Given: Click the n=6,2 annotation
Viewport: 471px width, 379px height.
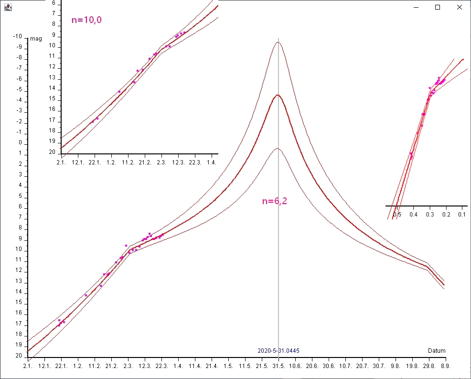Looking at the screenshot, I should (274, 201).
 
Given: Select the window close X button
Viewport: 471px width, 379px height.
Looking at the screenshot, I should (459, 7).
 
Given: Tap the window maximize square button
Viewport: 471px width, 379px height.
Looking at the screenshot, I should (437, 7).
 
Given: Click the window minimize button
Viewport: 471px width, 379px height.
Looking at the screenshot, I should (416, 7).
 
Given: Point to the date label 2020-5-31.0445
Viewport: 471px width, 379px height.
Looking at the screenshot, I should (278, 351).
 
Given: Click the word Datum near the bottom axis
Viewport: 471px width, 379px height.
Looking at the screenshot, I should (437, 351).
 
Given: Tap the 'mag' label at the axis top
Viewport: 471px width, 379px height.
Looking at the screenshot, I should (35, 38).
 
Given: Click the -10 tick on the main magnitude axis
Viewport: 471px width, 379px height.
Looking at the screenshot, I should (18, 37).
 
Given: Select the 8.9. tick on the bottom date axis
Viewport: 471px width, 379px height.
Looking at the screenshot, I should (445, 366).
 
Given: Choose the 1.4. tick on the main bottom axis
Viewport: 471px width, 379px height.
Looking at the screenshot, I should (178, 366).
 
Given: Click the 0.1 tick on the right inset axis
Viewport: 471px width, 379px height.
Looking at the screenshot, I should (462, 215).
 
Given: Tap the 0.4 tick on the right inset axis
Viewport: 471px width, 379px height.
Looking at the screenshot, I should (414, 215).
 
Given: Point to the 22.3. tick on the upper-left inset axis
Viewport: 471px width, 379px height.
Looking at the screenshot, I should (194, 163).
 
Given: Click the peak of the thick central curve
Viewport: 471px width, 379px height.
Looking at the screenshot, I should (277, 95).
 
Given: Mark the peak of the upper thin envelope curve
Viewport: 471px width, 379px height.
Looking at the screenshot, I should (277, 43).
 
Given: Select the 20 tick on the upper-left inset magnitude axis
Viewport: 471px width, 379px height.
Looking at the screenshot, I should (53, 152).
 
